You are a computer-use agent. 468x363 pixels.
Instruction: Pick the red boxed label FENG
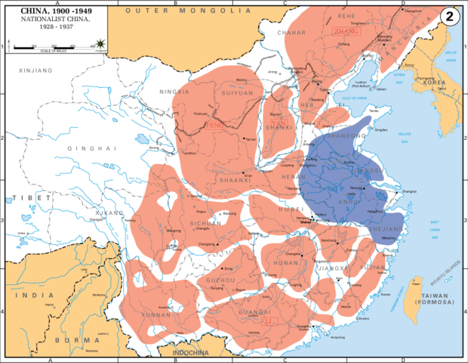216,124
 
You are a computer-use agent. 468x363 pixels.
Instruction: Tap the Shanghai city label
408,191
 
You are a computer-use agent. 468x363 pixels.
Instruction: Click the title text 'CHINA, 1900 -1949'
52,11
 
